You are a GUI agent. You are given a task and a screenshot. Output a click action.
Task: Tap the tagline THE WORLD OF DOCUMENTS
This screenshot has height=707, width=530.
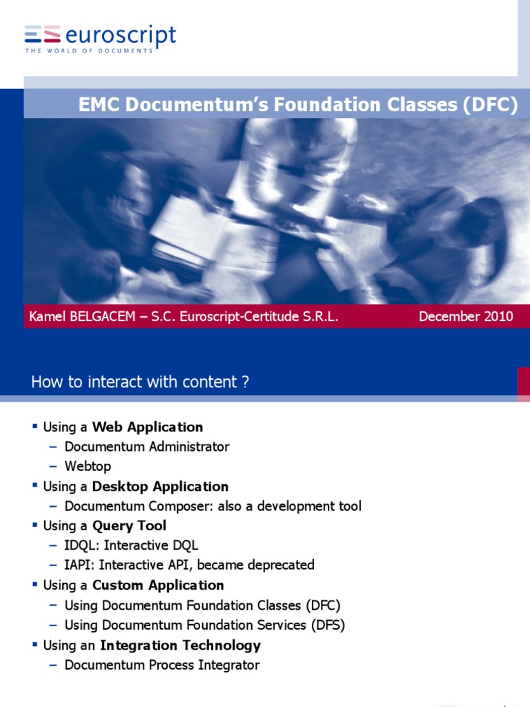click(89, 51)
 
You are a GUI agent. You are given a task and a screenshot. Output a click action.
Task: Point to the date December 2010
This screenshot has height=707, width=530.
click(466, 316)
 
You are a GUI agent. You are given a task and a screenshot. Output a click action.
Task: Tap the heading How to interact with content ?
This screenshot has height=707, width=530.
click(140, 382)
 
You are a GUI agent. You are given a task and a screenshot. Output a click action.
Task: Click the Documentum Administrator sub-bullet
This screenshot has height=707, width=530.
click(146, 447)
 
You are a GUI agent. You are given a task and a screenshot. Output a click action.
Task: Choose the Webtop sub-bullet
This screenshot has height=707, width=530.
click(88, 466)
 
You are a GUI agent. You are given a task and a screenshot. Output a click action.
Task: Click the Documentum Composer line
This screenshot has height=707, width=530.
click(213, 506)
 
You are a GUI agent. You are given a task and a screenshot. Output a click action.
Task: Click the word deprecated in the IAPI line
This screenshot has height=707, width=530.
click(278, 565)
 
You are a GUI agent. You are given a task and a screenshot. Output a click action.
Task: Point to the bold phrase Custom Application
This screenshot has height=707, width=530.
click(158, 585)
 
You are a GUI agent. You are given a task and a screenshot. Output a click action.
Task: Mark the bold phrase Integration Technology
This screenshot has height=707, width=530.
click(180, 645)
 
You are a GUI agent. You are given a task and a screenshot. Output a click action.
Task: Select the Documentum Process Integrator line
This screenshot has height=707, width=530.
click(161, 665)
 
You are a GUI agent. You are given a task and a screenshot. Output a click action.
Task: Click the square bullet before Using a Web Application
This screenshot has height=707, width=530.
click(34, 426)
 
